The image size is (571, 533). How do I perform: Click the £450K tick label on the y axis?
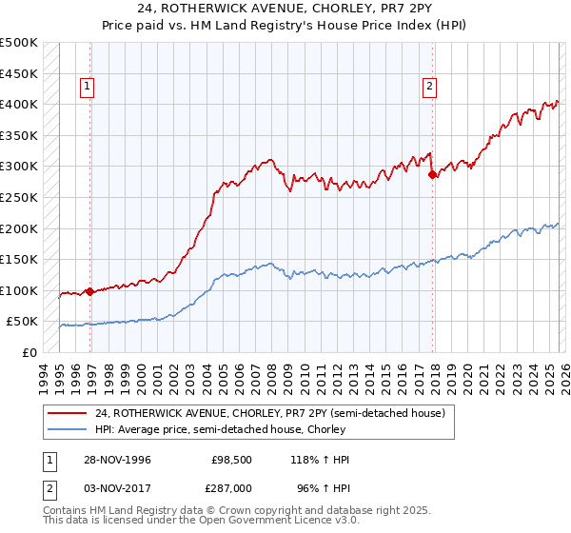pos(19,73)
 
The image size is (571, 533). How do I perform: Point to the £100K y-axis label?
pos(19,290)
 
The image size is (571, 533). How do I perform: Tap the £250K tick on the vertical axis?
pos(19,197)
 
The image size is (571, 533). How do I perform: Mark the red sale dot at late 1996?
pos(90,291)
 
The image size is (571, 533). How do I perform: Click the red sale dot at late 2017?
pos(432,174)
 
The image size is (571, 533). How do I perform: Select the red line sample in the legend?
pos(67,413)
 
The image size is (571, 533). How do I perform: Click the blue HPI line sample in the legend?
pos(67,430)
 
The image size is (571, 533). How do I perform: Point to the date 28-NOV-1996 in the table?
pos(111,460)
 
